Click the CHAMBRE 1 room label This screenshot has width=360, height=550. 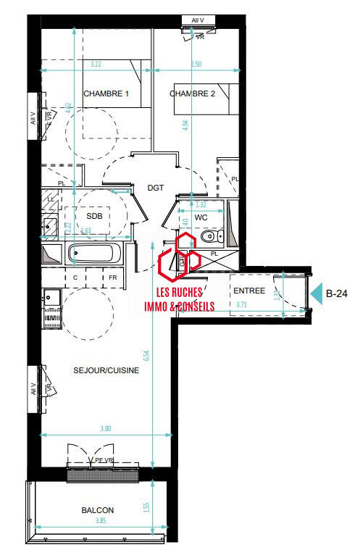tap(106, 94)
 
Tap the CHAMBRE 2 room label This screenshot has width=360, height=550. tap(193, 94)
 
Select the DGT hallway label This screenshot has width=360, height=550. tap(156, 188)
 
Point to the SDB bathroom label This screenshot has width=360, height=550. tap(95, 217)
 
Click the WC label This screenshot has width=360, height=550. tap(201, 217)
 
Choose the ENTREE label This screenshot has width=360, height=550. tap(248, 291)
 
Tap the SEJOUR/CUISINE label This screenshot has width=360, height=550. tap(106, 370)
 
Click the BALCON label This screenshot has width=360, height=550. tap(97, 510)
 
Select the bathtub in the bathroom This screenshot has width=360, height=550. tap(94, 254)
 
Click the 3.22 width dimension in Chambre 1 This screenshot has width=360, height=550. tap(96, 65)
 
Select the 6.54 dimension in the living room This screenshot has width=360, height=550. tap(146, 356)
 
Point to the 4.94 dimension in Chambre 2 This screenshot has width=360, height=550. tap(185, 124)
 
